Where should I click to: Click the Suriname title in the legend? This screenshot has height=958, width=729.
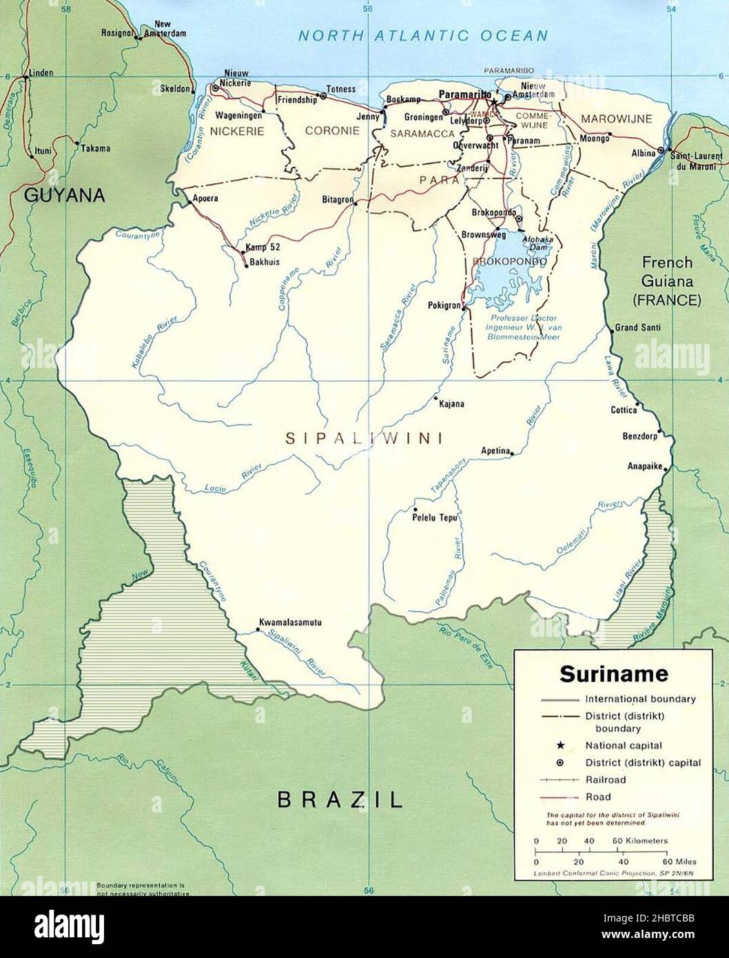pos(604,673)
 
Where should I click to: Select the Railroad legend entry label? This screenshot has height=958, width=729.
pos(606,779)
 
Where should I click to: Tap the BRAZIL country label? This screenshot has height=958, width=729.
pos(339,799)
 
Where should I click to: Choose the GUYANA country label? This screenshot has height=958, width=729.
pos(65,195)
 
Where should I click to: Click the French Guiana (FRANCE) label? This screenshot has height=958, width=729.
pos(667,281)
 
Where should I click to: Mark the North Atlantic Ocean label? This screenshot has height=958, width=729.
pos(422,36)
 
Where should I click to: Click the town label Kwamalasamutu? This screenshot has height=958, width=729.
pos(290,622)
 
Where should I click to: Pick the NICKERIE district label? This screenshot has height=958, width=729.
pos(237,131)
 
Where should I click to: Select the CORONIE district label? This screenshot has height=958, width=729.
pos(332,130)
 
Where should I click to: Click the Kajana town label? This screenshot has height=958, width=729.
pos(451,403)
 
